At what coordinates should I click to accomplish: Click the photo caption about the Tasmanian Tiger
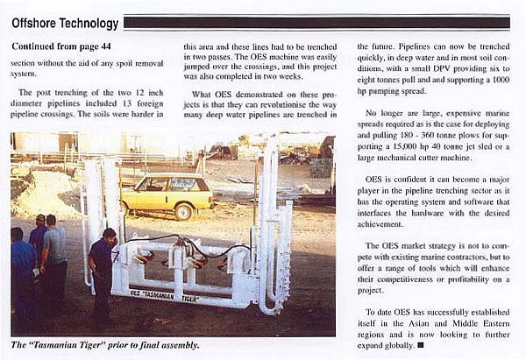tap(105, 345)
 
